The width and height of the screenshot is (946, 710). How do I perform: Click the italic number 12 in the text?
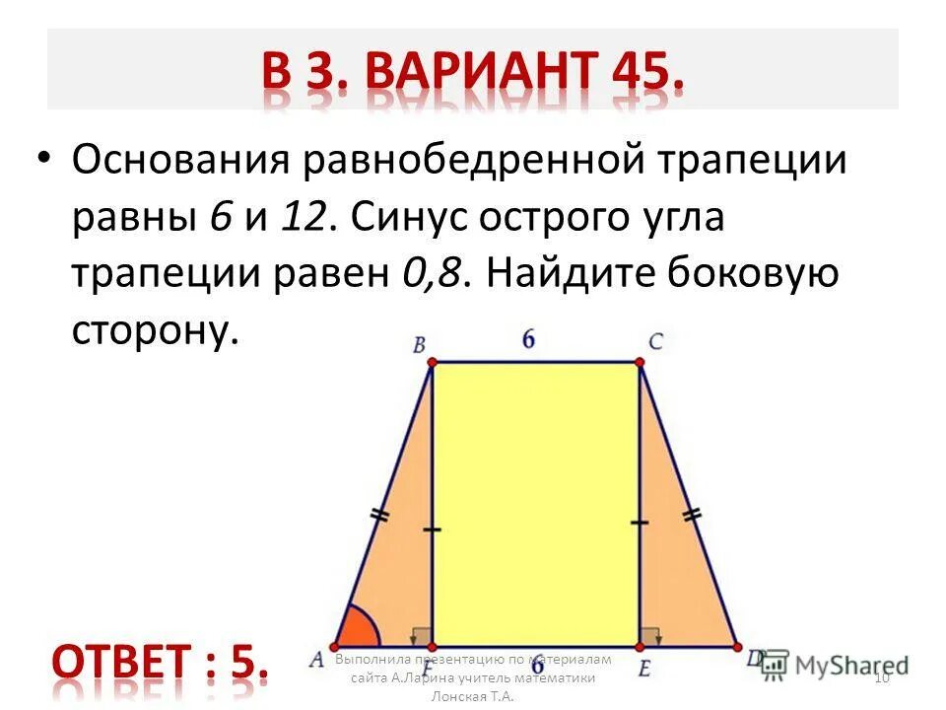coord(304,218)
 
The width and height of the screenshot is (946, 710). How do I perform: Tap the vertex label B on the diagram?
coord(419,345)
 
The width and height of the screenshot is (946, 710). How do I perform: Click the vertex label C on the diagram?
coord(655,342)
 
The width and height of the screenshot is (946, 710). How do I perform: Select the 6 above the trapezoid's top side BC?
coord(529,339)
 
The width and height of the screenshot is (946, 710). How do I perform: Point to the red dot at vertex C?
coord(642,364)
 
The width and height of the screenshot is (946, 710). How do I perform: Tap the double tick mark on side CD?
coord(693,513)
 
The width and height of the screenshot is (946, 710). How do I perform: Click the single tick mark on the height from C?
coord(641,522)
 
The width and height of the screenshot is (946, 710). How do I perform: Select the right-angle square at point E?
coord(650,636)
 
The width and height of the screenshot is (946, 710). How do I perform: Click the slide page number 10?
coord(882,675)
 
